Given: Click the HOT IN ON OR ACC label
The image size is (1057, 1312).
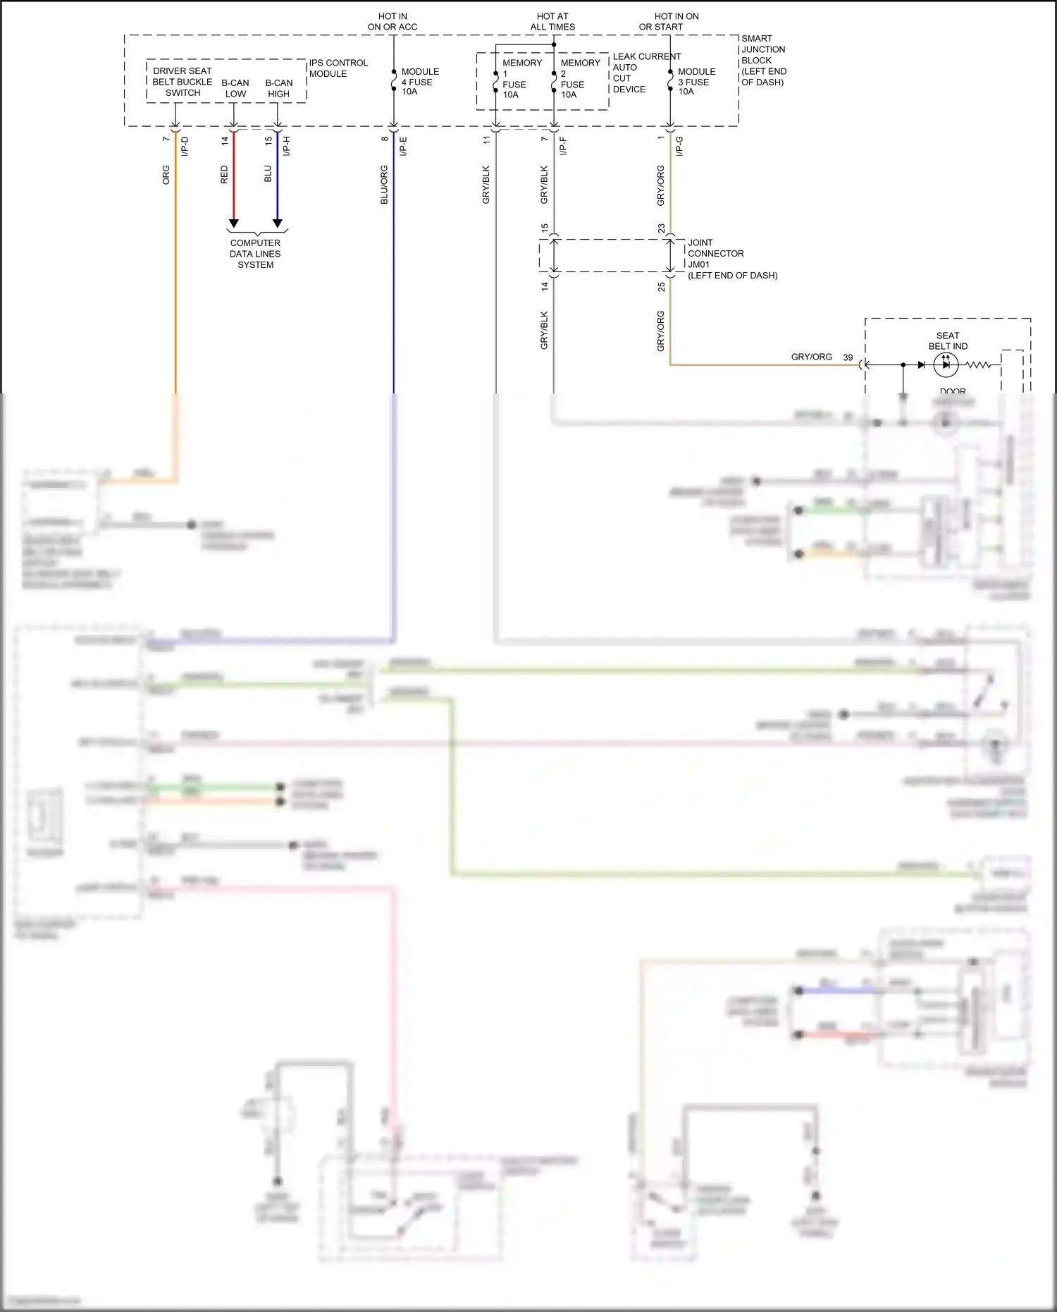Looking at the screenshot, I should pos(392,22).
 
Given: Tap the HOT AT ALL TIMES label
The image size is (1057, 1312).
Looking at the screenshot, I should pos(552,22).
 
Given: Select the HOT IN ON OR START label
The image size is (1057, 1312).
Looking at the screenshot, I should pos(669,22).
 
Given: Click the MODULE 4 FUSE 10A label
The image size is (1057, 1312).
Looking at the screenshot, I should pos(419,82).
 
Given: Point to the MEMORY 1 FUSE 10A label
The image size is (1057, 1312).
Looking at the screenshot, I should pos(521,78).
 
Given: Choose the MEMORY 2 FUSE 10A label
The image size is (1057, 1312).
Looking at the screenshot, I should pos(579,78).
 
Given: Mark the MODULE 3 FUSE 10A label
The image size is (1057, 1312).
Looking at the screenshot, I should pos(696,82).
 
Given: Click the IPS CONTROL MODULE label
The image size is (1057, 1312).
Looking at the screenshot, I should pos(338,68).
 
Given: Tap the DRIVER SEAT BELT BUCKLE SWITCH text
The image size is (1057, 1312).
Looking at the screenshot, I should pos(183,82).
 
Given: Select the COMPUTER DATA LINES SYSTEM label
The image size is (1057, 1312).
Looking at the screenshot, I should pos(255,254).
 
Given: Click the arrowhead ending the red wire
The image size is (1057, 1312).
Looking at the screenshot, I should pos(234,223).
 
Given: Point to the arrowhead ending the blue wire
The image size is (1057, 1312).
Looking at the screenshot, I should pos(278,223).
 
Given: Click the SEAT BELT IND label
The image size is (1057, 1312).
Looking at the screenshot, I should pos(948,341).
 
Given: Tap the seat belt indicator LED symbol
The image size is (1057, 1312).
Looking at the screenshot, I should pos(945,365).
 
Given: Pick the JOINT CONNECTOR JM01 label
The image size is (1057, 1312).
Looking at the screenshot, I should pos(731,259).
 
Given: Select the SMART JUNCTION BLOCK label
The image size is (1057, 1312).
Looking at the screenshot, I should pos(763,60).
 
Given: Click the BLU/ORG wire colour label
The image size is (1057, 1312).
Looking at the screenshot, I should pos(384,185).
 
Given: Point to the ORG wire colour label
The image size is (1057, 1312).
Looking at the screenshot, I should pos(166,175).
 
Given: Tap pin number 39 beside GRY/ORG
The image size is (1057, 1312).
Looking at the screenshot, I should pos(848,357).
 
